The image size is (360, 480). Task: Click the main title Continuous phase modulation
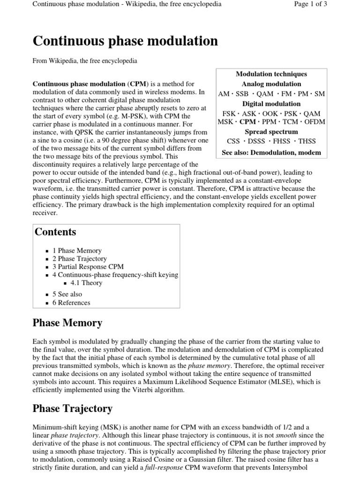pyautogui.click(x=125, y=41)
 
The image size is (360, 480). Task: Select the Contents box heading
pyautogui.click(x=54, y=232)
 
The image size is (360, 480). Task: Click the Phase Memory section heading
pyautogui.click(x=67, y=323)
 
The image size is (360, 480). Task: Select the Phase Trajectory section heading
pyautogui.click(x=73, y=409)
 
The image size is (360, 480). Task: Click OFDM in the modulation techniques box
pyautogui.click(x=315, y=122)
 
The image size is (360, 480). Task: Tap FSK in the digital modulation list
pyautogui.click(x=230, y=113)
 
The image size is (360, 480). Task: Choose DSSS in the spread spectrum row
pyautogui.click(x=257, y=141)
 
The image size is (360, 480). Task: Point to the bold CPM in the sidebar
pyautogui.click(x=248, y=122)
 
